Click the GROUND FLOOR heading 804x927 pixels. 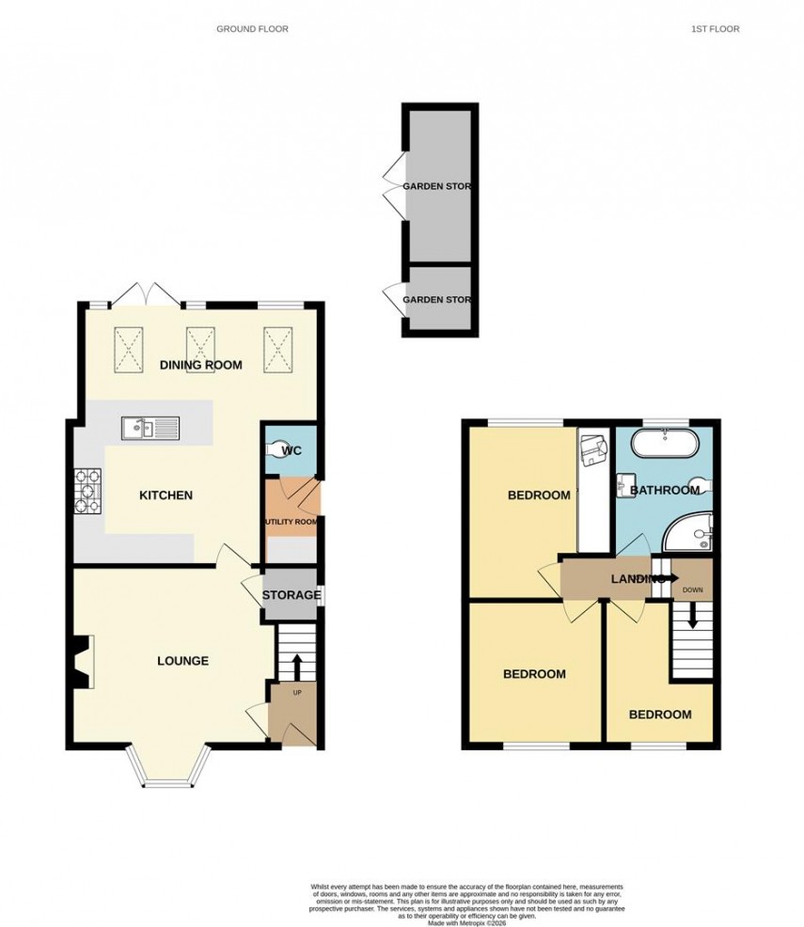coord(252,29)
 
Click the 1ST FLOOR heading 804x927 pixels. coord(715,29)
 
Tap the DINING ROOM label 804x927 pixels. coord(200,366)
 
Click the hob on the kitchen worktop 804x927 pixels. coord(87,491)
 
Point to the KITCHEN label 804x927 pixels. coord(166,495)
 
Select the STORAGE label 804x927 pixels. coord(292,595)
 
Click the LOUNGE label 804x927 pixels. coord(182,661)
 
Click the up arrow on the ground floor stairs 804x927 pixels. coord(297,667)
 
